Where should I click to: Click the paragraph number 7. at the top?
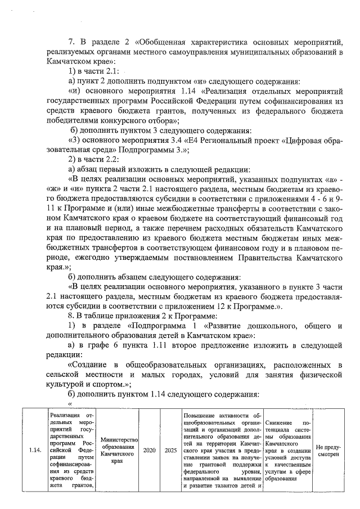[71, 42]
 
